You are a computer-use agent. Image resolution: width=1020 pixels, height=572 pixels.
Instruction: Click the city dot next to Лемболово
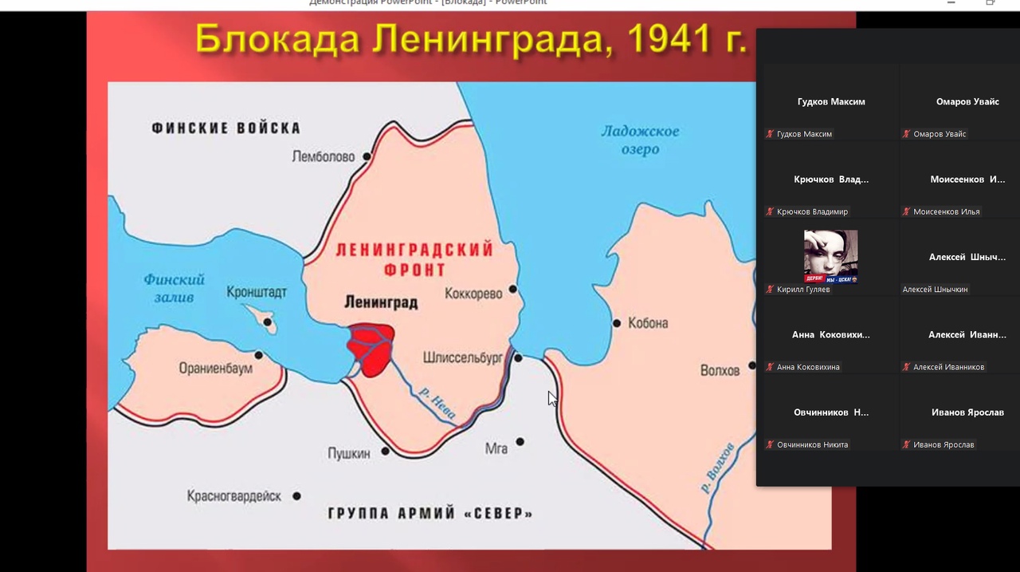pyautogui.click(x=367, y=156)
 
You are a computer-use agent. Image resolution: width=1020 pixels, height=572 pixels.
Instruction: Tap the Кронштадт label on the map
pyautogui.click(x=256, y=292)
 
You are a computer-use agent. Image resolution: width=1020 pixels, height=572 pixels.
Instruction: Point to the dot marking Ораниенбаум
pyautogui.click(x=259, y=355)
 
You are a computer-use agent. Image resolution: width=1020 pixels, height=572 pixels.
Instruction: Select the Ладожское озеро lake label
pyautogui.click(x=640, y=140)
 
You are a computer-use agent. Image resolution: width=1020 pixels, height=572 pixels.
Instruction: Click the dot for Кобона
pyautogui.click(x=617, y=323)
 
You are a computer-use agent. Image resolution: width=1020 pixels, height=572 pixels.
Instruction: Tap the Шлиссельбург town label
pyautogui.click(x=462, y=358)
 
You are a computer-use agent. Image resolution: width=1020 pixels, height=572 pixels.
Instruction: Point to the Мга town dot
pyautogui.click(x=520, y=441)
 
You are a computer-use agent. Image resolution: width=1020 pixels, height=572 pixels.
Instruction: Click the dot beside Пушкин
pyautogui.click(x=386, y=451)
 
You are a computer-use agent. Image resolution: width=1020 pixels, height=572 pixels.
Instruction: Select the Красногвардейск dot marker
pyautogui.click(x=296, y=495)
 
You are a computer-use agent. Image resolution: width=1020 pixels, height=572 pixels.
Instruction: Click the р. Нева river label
pyautogui.click(x=437, y=403)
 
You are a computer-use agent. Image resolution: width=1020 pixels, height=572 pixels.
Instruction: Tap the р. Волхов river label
pyautogui.click(x=717, y=467)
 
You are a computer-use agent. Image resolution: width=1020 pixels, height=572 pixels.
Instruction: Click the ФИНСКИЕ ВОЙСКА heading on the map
pyautogui.click(x=226, y=128)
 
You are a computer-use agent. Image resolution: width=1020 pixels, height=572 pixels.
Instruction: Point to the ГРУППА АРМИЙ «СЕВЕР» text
pyautogui.click(x=430, y=513)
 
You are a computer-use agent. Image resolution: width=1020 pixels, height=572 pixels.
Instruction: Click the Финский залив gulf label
pyautogui.click(x=174, y=288)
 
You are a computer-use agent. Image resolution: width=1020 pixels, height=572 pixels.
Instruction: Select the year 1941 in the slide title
pyautogui.click(x=666, y=38)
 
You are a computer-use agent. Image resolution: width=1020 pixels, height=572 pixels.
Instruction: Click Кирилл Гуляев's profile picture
pyautogui.click(x=830, y=256)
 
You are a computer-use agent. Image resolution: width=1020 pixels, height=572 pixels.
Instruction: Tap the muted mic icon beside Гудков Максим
pyautogui.click(x=770, y=134)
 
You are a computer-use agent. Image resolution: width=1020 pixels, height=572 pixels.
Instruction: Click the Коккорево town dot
pyautogui.click(x=513, y=289)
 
